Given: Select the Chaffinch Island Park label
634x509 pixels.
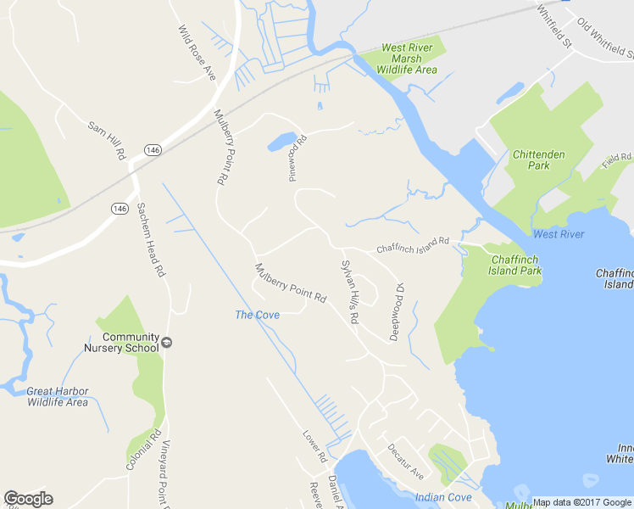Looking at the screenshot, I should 514,265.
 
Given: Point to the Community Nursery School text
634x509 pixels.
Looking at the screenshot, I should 120,342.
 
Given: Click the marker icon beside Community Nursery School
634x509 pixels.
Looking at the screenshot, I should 167,342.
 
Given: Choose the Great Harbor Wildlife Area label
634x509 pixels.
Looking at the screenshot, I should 57,396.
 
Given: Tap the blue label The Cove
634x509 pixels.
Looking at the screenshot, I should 257,315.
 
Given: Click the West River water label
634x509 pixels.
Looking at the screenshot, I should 559,234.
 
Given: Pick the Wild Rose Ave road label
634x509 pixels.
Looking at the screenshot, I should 197,53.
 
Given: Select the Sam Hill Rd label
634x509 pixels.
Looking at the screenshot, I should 107,141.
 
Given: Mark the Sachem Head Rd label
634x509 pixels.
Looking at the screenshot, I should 149,240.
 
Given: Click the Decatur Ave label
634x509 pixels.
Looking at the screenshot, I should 405,461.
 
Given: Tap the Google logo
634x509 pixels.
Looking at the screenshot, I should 28,499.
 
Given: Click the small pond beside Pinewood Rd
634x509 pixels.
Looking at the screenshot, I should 282,141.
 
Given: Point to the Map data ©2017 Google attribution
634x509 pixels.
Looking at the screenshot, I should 582,502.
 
